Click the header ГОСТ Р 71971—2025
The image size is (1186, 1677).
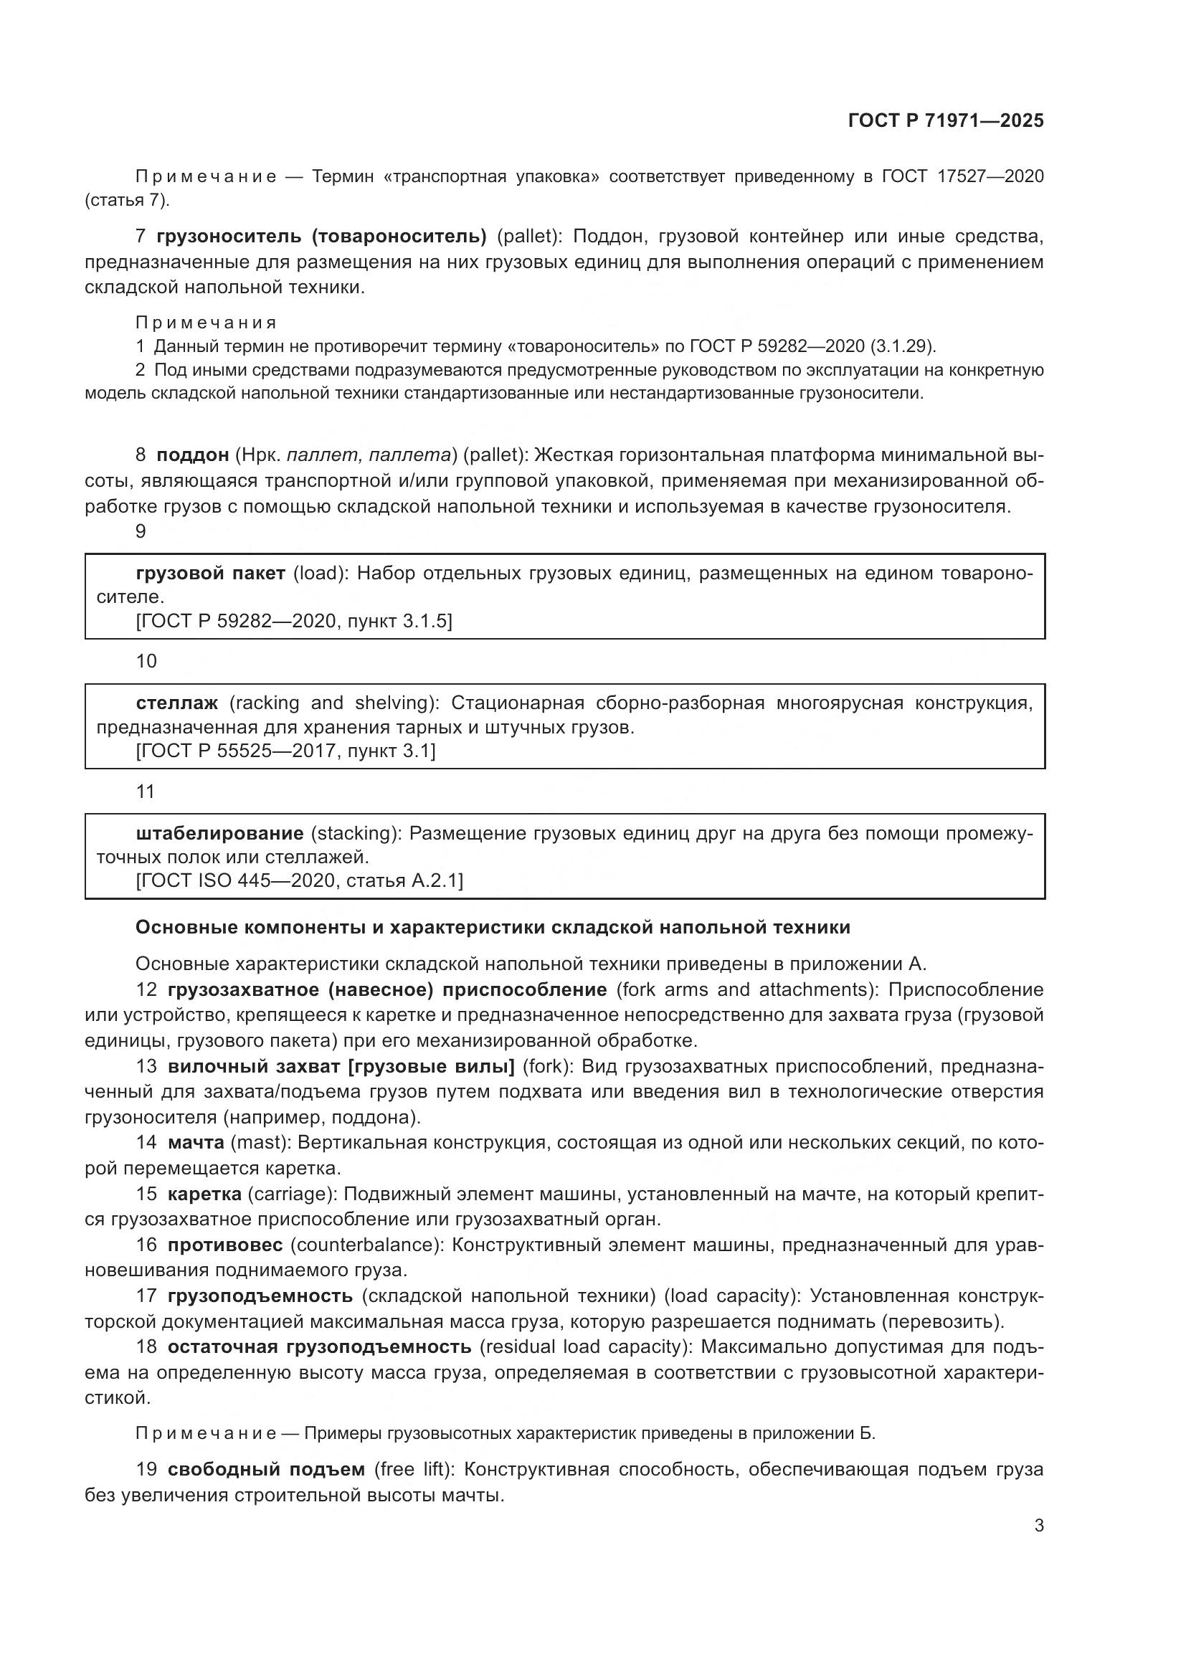pyautogui.click(x=946, y=120)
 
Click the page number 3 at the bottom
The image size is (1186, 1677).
pyautogui.click(x=1038, y=1526)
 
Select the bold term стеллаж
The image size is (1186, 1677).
pyautogui.click(x=176, y=703)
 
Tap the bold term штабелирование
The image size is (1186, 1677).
pyautogui.click(x=220, y=832)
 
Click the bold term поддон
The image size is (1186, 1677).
pyautogui.click(x=193, y=455)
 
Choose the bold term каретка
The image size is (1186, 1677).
pyautogui.click(x=204, y=1194)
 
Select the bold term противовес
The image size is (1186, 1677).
pyautogui.click(x=225, y=1245)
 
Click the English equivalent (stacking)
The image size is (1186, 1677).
pyautogui.click(x=354, y=832)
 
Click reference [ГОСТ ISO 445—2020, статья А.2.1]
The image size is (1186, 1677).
pyautogui.click(x=300, y=881)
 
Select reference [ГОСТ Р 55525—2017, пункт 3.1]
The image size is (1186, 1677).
pyautogui.click(x=285, y=751)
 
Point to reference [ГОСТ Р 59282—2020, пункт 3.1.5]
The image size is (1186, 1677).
pyautogui.click(x=294, y=621)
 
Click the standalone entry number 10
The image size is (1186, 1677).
pyautogui.click(x=146, y=661)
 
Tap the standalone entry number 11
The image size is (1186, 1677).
pyautogui.click(x=146, y=791)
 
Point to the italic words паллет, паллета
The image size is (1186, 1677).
pyautogui.click(x=369, y=455)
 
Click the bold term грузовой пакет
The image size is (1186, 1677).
pyautogui.click(x=210, y=574)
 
